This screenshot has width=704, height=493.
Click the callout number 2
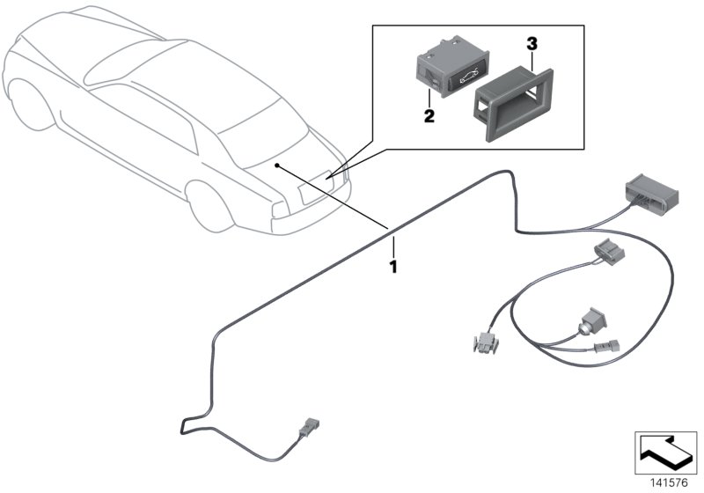pos(429,116)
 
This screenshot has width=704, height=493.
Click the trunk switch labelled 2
pos(441,71)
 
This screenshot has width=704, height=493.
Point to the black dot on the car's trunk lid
pos(277,165)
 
